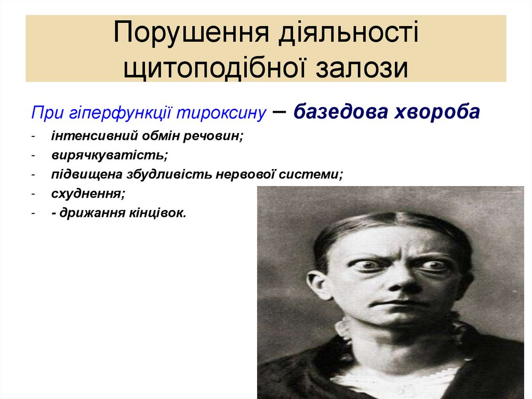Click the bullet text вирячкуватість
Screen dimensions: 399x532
(110, 155)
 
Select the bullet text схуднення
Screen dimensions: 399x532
(88, 194)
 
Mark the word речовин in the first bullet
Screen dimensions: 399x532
(220, 136)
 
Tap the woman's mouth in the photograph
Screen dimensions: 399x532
(398, 303)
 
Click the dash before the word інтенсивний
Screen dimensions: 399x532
(33, 137)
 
